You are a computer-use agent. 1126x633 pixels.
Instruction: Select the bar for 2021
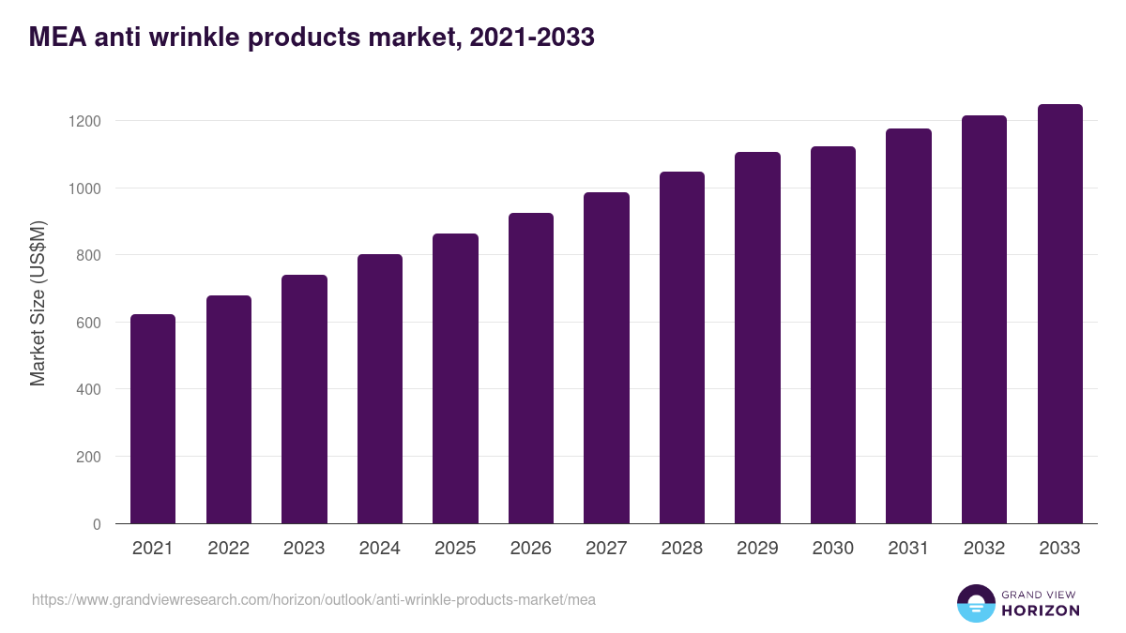coord(153,419)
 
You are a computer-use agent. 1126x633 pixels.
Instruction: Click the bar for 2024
coord(380,389)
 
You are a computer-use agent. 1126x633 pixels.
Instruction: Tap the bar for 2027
coord(606,358)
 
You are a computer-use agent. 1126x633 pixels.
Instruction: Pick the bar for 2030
coord(833,335)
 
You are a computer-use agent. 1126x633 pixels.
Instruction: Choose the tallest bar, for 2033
coord(1059,314)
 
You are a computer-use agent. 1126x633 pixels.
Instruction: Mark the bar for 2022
coord(229,410)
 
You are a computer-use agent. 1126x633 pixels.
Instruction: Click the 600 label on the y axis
coord(87,323)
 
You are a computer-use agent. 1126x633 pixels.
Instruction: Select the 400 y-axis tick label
coord(87,389)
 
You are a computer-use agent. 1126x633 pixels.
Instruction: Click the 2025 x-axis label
coord(455,549)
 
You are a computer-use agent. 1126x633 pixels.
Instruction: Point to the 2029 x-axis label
coord(757,549)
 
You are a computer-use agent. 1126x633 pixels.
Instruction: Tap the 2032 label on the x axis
coord(984,549)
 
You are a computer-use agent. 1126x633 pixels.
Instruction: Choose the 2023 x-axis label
coord(304,549)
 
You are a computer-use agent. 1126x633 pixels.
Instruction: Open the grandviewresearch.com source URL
coord(313,599)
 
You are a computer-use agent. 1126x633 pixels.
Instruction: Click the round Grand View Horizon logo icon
coord(975,603)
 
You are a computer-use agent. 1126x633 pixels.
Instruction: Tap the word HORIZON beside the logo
coord(1040,610)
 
